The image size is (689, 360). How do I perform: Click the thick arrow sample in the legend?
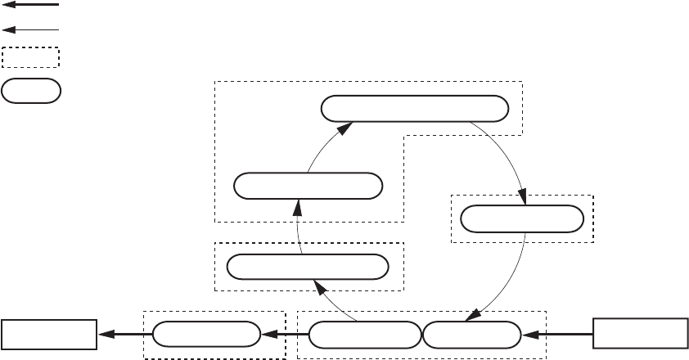(31, 5)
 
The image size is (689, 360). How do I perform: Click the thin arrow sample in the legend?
(31, 29)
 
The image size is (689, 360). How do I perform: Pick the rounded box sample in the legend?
(31, 91)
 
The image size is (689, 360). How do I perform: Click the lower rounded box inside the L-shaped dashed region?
(308, 186)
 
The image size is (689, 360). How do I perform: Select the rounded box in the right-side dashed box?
(522, 219)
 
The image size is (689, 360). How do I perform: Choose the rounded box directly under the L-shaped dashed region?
(308, 267)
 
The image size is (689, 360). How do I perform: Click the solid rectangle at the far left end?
(47, 334)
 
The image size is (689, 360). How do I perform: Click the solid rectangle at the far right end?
(640, 334)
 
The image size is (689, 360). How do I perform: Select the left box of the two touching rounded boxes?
(364, 334)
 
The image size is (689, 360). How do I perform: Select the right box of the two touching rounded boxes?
(471, 334)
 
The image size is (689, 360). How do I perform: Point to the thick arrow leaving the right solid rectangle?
(557, 334)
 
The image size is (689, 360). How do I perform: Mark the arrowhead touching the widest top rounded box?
(347, 127)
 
